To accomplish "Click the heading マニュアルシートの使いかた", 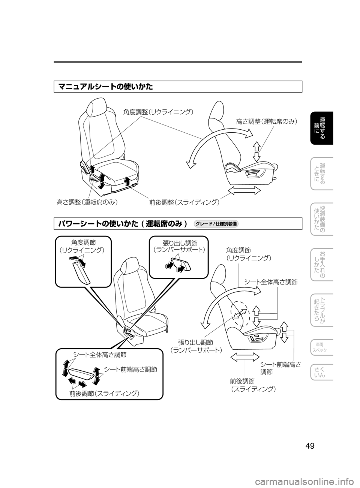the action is coord(106,87).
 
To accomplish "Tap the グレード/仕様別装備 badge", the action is coord(216,224).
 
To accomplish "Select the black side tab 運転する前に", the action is coord(322,128).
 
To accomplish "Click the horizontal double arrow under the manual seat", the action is coord(244,191).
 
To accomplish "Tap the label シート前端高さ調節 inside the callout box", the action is coord(130,369).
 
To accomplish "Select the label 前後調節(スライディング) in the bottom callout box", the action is coord(105,393).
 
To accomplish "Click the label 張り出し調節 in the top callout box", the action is coord(180,243).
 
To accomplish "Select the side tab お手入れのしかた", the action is coord(322,264).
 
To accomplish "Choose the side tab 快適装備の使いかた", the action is coord(322,219).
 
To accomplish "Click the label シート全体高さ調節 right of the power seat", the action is coord(271,282).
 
